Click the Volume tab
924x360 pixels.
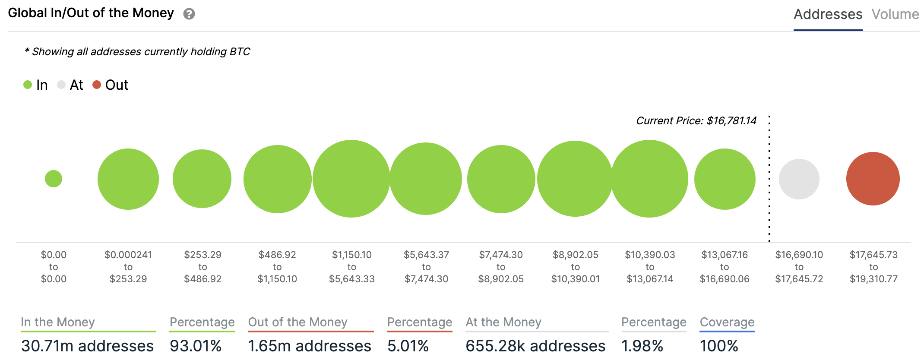(895, 14)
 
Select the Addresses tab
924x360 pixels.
(828, 14)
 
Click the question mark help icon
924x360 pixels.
(189, 14)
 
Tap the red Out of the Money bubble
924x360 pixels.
(873, 179)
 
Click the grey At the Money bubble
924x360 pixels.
(799, 179)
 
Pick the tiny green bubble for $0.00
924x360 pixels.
(54, 179)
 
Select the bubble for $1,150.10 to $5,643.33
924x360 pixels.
(351, 179)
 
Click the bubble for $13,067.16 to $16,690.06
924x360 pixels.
(725, 179)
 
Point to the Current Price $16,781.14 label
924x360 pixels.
(696, 121)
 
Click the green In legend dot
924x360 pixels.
(28, 85)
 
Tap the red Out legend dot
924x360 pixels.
(97, 85)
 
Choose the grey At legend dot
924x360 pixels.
(61, 85)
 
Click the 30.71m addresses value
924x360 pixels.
(88, 346)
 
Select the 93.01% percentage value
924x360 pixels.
(196, 346)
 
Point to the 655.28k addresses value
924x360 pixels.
(535, 346)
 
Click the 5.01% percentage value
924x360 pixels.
(408, 346)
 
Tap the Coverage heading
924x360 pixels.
(727, 322)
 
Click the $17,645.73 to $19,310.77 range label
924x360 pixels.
(873, 267)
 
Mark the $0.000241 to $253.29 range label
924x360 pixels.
(128, 267)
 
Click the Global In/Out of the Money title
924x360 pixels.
(91, 13)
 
